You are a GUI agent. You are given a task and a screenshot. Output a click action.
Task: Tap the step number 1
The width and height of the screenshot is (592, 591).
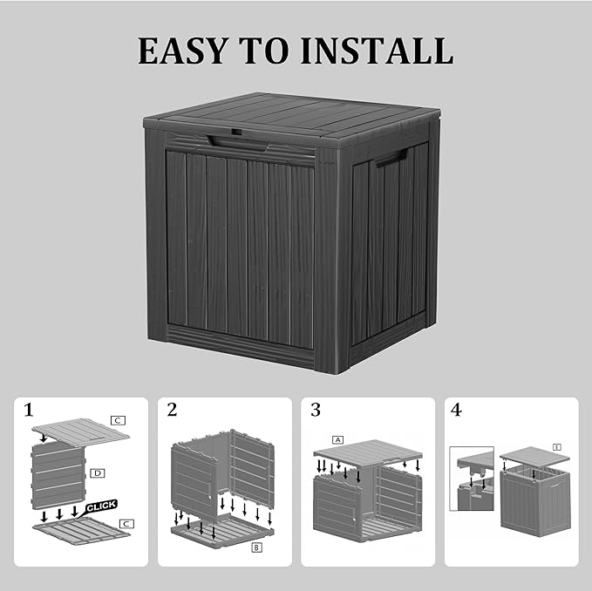point(29,410)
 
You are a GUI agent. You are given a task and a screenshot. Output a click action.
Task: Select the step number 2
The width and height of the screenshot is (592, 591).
point(172,410)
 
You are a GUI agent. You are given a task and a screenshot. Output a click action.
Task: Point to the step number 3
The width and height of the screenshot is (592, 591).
point(315,410)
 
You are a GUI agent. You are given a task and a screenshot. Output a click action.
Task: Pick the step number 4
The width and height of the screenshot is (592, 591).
point(457,410)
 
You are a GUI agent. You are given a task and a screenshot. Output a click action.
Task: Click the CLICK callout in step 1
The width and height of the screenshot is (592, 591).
point(101,506)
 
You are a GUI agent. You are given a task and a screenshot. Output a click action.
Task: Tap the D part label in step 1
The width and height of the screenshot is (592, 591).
point(97,473)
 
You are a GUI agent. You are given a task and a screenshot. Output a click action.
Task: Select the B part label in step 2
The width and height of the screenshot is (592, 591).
point(256,547)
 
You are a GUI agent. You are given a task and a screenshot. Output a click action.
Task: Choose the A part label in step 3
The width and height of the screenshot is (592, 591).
point(337,439)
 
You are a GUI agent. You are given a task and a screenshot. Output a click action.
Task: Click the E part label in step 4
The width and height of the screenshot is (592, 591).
point(556,447)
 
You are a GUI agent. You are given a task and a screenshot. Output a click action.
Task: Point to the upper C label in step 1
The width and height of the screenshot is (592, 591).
point(118,420)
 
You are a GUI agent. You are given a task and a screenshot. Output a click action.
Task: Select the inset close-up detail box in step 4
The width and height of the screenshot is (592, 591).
point(471,479)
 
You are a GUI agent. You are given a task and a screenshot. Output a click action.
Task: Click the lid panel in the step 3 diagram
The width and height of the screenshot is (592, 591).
point(368,452)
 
